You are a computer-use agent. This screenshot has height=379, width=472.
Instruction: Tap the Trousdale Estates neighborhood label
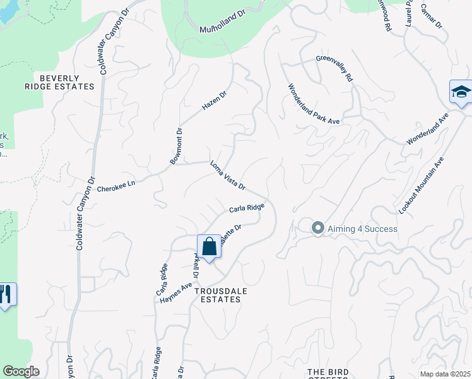click(217, 295)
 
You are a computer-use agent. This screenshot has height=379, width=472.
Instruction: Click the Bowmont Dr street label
click(176, 147)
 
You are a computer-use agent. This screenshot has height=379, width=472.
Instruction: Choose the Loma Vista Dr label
click(227, 177)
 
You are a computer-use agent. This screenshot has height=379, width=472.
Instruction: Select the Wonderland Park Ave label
click(314, 104)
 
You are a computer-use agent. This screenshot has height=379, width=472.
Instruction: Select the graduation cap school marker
click(461, 92)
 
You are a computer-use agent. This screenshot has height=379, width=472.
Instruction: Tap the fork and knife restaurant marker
click(6, 295)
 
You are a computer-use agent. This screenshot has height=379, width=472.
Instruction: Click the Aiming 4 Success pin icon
click(318, 228)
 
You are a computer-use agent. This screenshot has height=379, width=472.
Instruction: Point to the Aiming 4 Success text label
click(362, 228)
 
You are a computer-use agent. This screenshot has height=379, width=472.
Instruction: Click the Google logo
click(21, 371)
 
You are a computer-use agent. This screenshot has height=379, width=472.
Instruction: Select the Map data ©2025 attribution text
click(445, 374)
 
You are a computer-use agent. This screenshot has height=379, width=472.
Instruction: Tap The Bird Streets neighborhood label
click(327, 373)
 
